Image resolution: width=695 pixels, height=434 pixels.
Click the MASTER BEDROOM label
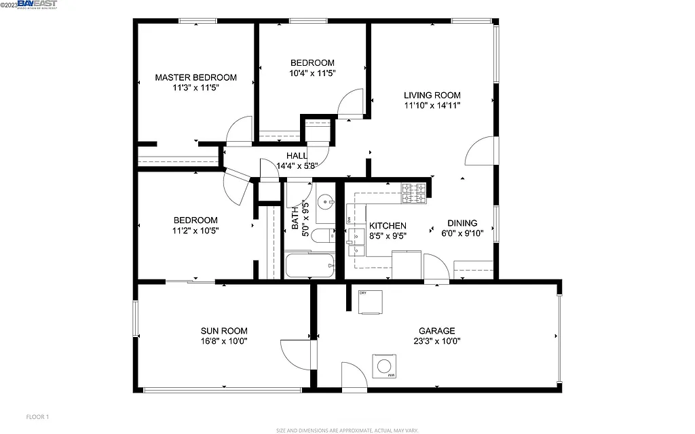pyautogui.click(x=195, y=77)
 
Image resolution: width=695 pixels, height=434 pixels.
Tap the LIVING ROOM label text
pyautogui.click(x=432, y=95)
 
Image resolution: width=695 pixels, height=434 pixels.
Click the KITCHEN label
pyautogui.click(x=388, y=226)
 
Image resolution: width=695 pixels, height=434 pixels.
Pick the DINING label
pyautogui.click(x=462, y=223)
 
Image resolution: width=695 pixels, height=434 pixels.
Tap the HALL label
pyautogui.click(x=297, y=156)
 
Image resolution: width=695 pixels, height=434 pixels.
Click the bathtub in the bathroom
pyautogui.click(x=309, y=265)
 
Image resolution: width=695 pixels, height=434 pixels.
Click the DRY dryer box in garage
pyautogui.click(x=371, y=302)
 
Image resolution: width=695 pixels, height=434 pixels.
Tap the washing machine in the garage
pyautogui.click(x=384, y=367)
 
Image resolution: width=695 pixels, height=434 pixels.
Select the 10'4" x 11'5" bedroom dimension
pyautogui.click(x=312, y=73)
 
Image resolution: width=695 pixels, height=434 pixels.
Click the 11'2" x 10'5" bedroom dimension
pyautogui.click(x=195, y=231)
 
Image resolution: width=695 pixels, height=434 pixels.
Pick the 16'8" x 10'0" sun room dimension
pyautogui.click(x=223, y=342)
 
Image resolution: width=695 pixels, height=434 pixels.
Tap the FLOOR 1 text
pyautogui.click(x=37, y=416)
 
